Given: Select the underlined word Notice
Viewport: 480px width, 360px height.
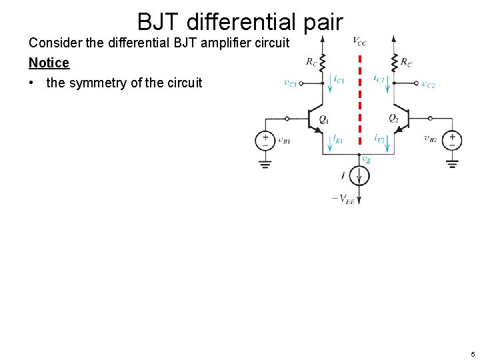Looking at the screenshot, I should (49, 63).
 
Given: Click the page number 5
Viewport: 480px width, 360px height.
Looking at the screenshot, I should (471, 354).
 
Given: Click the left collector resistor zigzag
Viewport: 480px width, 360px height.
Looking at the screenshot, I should (323, 63).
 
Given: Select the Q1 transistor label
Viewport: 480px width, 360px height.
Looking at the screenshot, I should (324, 120).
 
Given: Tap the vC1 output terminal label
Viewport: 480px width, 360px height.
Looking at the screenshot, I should (290, 84).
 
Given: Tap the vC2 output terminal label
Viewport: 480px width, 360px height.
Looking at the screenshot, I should (428, 84).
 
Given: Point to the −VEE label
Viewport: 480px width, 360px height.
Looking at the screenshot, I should (343, 199).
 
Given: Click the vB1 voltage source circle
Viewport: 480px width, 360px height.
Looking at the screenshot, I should (265, 140).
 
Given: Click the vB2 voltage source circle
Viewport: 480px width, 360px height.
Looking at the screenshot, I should (452, 140).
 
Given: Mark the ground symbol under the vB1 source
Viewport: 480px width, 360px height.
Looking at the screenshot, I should (265, 163).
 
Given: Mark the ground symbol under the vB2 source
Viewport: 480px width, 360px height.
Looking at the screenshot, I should (452, 163).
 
